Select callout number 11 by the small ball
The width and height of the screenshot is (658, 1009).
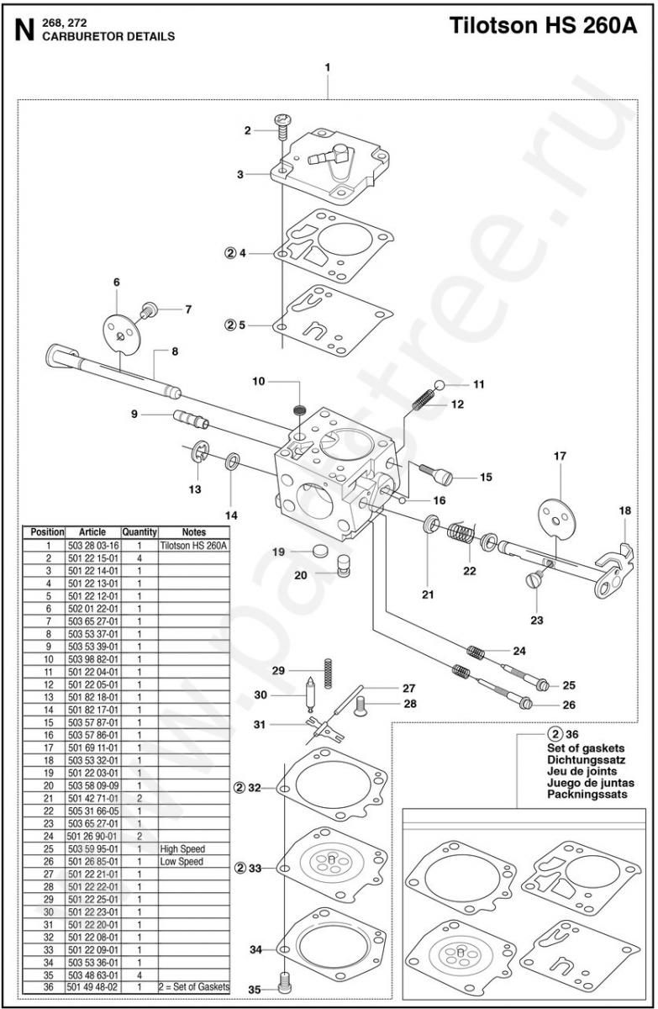click(x=478, y=384)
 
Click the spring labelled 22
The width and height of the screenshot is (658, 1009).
click(x=458, y=533)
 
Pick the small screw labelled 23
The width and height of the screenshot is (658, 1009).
click(x=533, y=580)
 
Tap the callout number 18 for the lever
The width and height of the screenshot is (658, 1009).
click(x=624, y=510)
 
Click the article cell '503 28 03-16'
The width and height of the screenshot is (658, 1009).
click(x=92, y=545)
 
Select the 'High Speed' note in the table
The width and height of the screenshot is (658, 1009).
click(x=182, y=848)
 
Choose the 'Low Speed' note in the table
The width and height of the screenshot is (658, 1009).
click(x=182, y=861)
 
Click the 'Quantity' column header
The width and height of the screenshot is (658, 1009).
click(x=139, y=532)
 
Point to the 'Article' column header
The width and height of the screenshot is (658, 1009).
click(x=92, y=532)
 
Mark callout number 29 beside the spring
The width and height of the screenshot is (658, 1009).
click(x=278, y=670)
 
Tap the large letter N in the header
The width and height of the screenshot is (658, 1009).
click(x=25, y=31)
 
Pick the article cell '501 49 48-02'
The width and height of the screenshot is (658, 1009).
click(x=92, y=986)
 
